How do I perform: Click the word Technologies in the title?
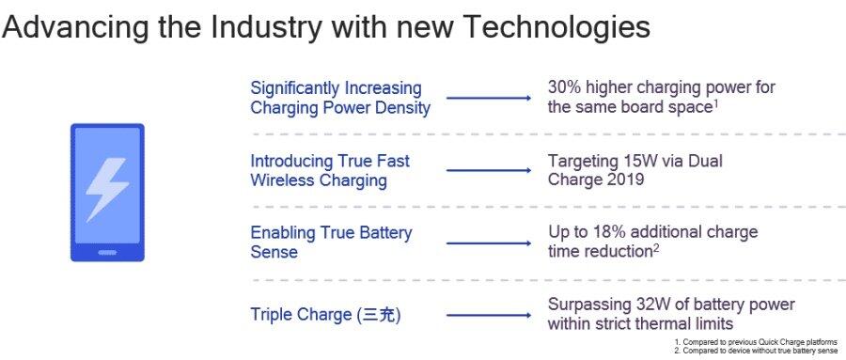coord(556,27)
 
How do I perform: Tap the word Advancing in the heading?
coord(75,27)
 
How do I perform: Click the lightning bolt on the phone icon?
coord(107,189)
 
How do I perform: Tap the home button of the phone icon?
coord(107,252)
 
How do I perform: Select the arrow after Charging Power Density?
coord(489,98)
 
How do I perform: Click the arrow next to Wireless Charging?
coord(489,170)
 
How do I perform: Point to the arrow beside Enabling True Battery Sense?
coord(489,243)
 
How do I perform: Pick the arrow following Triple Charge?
coord(489,315)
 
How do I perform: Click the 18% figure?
coord(609,232)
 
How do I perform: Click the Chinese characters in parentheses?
coord(380,315)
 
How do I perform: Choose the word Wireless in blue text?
coord(282,180)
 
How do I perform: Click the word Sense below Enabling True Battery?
coord(274,252)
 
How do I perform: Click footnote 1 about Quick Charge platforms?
coord(756,342)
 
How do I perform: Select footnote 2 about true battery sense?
coord(757,351)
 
